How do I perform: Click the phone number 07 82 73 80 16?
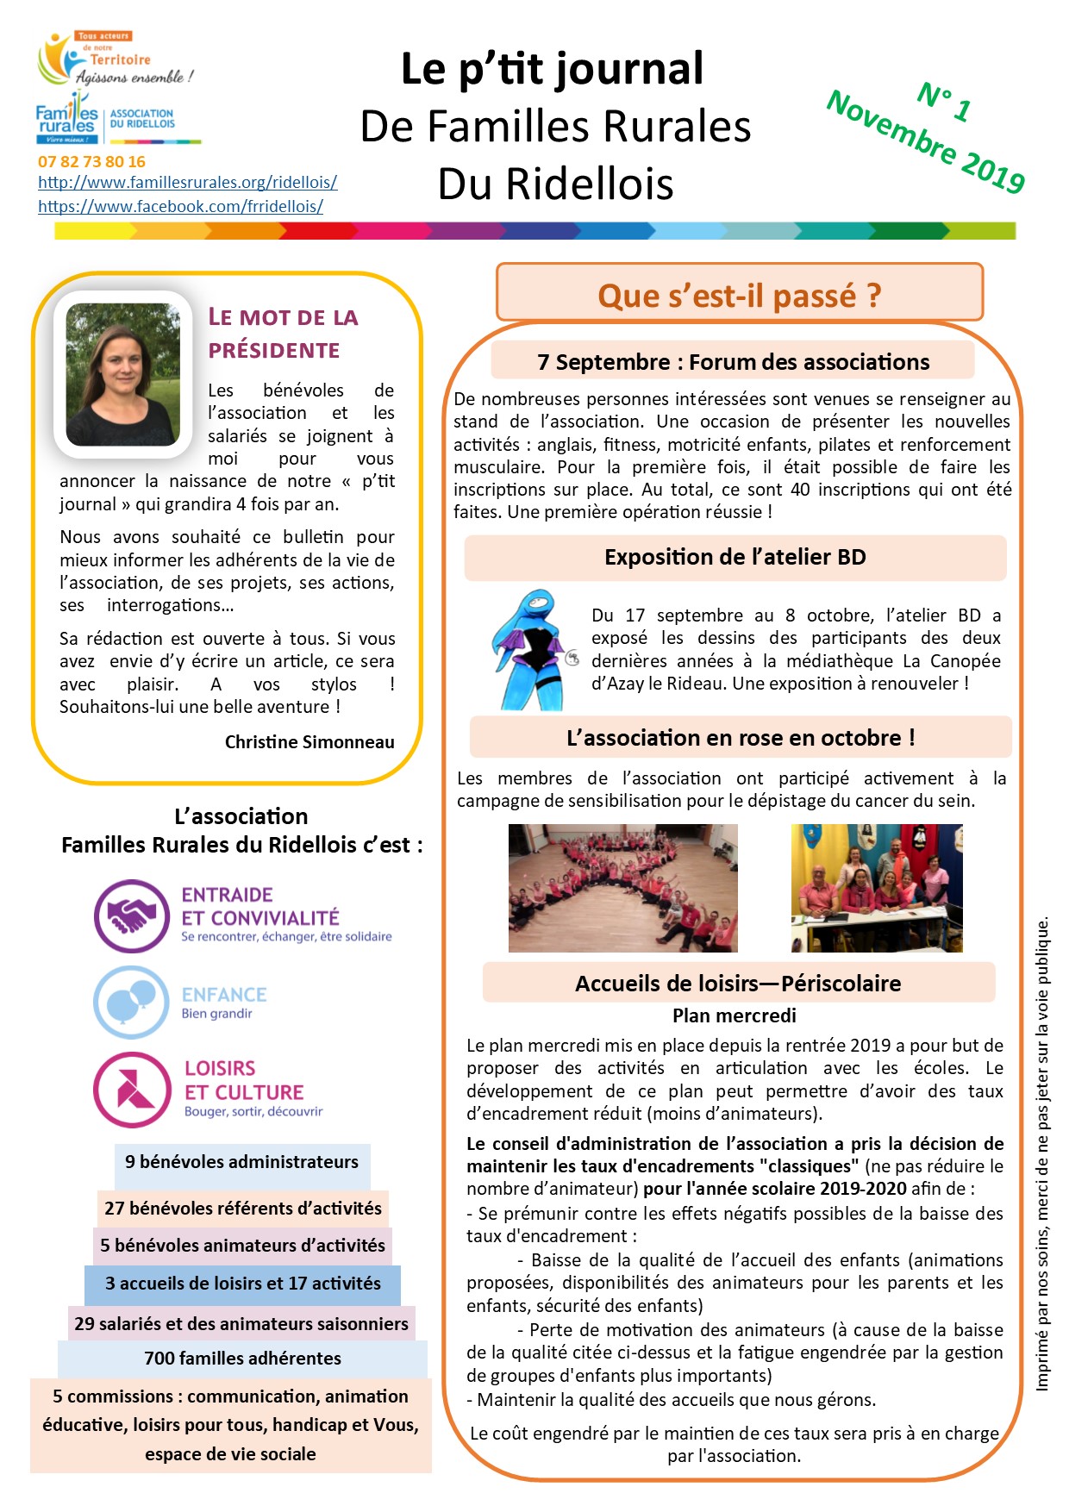click(91, 161)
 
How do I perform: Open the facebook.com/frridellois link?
click(180, 206)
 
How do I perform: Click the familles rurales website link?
click(187, 182)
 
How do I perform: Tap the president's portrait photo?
click(122, 374)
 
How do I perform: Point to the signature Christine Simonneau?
click(309, 741)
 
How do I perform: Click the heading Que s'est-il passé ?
click(739, 295)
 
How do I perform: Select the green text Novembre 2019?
click(925, 141)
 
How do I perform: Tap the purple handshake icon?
click(132, 915)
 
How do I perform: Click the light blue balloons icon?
click(131, 1002)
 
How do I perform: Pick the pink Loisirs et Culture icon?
click(132, 1090)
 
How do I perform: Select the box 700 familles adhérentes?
click(242, 1359)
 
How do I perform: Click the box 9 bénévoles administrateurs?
click(241, 1162)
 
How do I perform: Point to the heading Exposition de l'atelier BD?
click(735, 557)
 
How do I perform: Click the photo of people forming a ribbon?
click(622, 888)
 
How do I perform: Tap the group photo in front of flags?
click(877, 888)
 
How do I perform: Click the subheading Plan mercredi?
click(734, 1015)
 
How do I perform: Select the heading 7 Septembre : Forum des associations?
click(733, 362)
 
